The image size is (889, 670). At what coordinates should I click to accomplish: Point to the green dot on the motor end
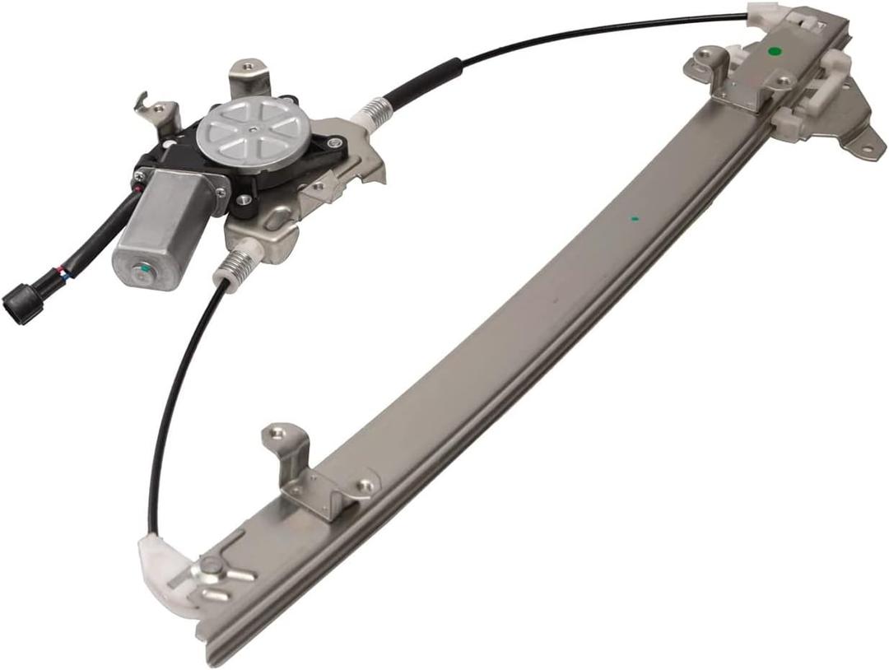[x=145, y=269]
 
